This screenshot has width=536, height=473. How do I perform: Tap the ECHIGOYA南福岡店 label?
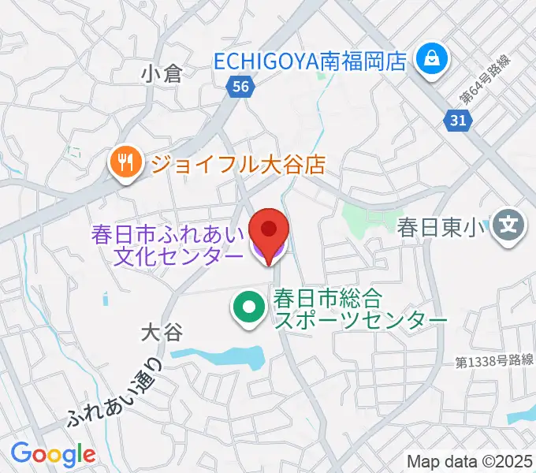tap(311, 60)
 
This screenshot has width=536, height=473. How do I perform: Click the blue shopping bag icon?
tap(433, 58)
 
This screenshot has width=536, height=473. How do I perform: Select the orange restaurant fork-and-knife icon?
tap(125, 164)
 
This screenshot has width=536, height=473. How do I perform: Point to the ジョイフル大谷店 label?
tap(237, 165)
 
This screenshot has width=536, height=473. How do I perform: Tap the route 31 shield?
tap(457, 119)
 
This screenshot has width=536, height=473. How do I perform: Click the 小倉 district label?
tap(162, 74)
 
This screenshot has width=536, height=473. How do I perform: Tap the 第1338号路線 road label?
tap(495, 361)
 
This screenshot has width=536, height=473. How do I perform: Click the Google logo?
tap(53, 454)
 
